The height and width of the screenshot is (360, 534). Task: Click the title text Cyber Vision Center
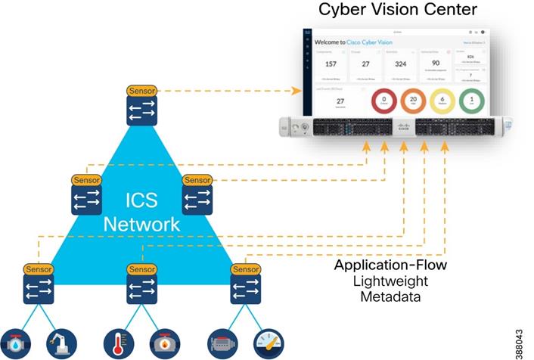[398, 11]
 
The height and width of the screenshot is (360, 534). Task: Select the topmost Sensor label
[141, 91]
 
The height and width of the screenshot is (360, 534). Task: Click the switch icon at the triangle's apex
[141, 111]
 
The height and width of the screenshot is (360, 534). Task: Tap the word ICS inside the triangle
[142, 201]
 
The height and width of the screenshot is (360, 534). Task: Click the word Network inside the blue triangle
[142, 224]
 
